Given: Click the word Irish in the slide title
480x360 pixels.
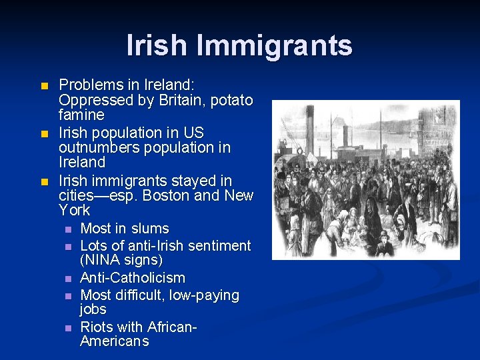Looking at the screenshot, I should point(157,45).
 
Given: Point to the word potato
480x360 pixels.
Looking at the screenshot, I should point(231,100).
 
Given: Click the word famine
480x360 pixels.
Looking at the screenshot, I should point(81,115).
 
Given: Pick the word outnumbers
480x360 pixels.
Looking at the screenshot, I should point(99,147).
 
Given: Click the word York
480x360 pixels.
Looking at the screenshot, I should point(74,210).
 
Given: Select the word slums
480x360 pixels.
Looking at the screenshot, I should point(151,229).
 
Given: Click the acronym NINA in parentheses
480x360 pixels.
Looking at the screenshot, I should point(103,260).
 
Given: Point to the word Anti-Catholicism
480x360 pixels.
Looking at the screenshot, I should point(133,277).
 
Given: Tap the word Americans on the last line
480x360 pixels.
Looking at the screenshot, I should point(114,341).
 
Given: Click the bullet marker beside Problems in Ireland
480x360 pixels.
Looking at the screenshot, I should point(45,86).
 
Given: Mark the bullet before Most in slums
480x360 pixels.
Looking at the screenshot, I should point(67,229).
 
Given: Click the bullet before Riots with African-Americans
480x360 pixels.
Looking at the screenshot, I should point(67,327).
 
